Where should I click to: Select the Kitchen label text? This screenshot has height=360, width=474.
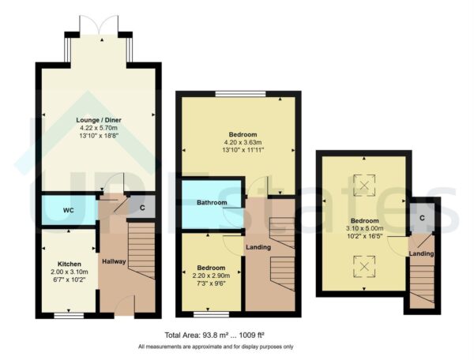[70, 264]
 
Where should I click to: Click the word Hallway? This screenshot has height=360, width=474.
[114, 261]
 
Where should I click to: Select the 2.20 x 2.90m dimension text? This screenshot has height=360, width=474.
[212, 276]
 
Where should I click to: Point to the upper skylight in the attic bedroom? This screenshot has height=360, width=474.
[364, 185]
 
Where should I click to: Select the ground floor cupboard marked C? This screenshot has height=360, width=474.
[142, 208]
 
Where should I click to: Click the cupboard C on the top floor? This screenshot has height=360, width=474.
[423, 217]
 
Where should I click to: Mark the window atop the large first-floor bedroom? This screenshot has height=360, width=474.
[239, 96]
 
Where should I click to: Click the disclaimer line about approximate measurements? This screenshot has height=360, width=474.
[216, 347]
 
